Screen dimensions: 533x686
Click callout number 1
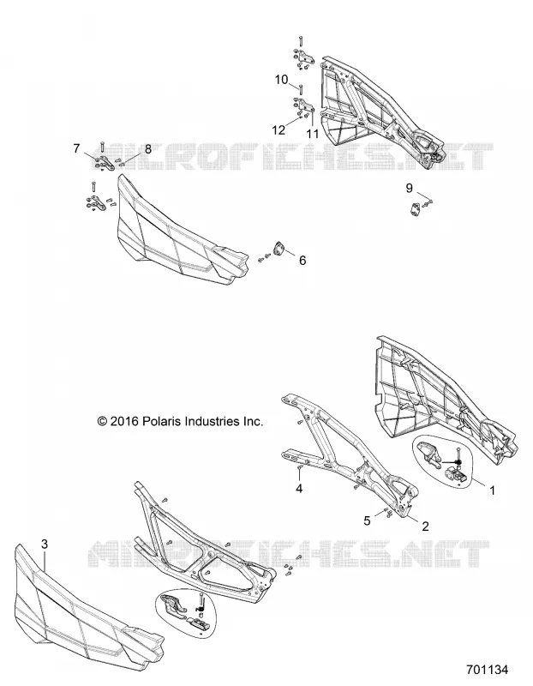(x=492, y=490)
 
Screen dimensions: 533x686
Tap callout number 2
(x=425, y=526)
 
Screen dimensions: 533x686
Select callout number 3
(x=45, y=544)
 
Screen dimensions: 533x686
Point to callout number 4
(x=299, y=488)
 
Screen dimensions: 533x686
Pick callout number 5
(x=367, y=521)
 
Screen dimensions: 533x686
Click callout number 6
(x=302, y=261)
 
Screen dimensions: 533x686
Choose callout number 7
(x=76, y=148)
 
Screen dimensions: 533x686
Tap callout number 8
(x=147, y=148)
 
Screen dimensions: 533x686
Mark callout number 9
(x=409, y=188)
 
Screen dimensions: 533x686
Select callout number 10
(x=282, y=80)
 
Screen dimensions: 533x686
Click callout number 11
(x=312, y=133)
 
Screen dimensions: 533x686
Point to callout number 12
(x=278, y=130)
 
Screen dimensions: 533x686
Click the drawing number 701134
(x=487, y=670)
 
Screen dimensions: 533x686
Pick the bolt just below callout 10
(x=301, y=89)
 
